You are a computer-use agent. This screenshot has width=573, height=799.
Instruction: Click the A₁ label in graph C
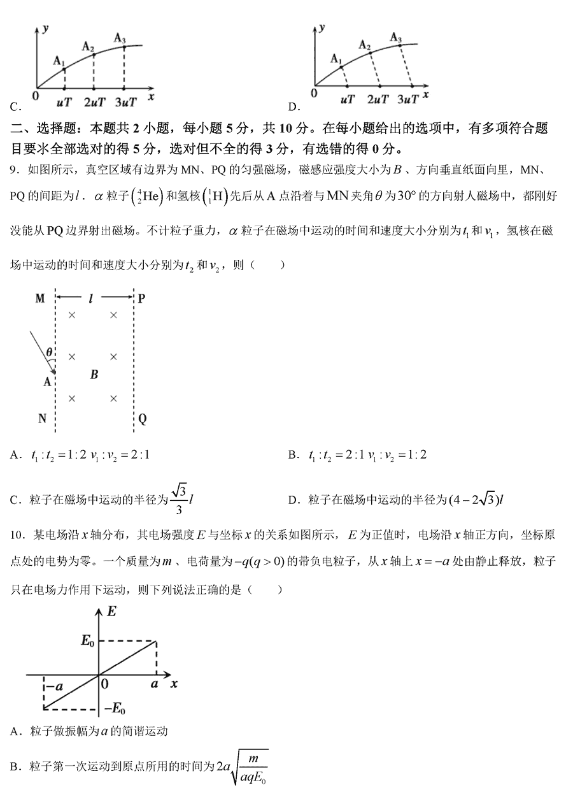(x=59, y=61)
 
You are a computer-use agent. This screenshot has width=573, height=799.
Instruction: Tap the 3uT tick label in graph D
(x=408, y=99)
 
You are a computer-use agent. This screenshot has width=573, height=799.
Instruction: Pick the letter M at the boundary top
(x=40, y=298)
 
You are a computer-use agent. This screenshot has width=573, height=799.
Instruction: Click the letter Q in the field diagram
(x=143, y=419)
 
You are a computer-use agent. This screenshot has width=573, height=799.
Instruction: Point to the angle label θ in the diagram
(x=49, y=352)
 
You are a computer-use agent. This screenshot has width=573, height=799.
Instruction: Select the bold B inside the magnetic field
(x=94, y=375)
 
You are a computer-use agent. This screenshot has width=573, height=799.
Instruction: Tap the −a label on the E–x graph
(x=54, y=686)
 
